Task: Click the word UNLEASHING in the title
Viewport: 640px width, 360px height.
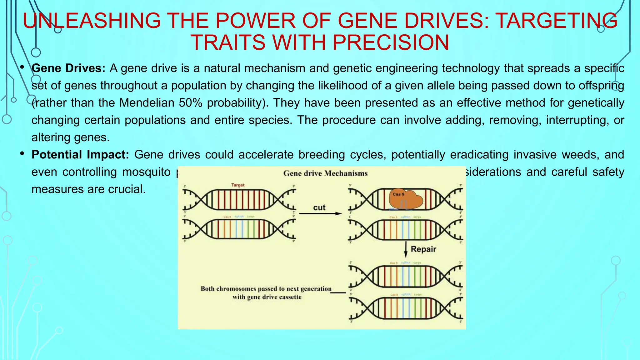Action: pyautogui.click(x=92, y=21)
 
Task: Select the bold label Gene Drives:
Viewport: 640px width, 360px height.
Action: pyautogui.click(x=68, y=68)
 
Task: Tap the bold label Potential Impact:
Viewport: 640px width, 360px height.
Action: pyautogui.click(x=80, y=154)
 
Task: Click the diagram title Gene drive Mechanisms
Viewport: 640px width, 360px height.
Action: pyautogui.click(x=325, y=173)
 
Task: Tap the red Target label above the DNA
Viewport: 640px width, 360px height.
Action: pyautogui.click(x=238, y=185)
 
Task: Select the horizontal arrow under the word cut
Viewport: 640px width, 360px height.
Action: pyautogui.click(x=320, y=214)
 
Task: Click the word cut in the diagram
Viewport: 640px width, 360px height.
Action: pyautogui.click(x=319, y=207)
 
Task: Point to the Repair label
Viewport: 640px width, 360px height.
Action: pyautogui.click(x=423, y=249)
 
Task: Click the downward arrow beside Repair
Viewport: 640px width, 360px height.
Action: pyautogui.click(x=406, y=249)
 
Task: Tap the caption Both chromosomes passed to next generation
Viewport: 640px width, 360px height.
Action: pyautogui.click(x=266, y=289)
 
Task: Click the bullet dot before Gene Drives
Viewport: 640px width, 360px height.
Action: pyautogui.click(x=22, y=67)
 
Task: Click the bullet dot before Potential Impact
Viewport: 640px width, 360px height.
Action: pyautogui.click(x=22, y=154)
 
